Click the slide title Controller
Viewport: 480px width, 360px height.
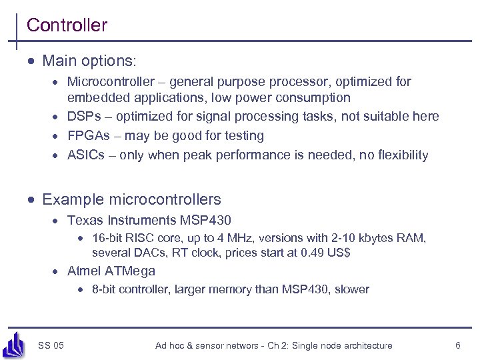67,25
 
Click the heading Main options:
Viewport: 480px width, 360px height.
89,61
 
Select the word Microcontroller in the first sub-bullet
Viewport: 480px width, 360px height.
107,82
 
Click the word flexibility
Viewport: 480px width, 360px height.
403,155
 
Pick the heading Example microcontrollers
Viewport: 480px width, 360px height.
131,199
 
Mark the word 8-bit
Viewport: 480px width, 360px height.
105,289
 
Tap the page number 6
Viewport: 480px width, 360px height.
457,345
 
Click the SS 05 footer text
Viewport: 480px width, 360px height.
51,345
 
